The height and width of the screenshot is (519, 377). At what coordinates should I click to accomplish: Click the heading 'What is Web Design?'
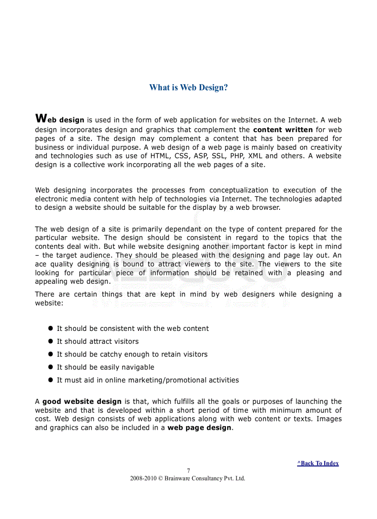[x=188, y=87]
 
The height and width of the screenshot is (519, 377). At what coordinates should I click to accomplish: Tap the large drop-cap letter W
[x=41, y=118]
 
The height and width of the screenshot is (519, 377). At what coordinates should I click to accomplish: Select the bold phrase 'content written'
[x=283, y=129]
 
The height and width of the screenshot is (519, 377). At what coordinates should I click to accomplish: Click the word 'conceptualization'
[x=238, y=190]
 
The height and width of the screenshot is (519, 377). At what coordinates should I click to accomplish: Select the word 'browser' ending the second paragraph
[x=264, y=208]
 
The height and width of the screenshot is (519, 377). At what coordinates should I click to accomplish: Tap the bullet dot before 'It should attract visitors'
[x=51, y=341]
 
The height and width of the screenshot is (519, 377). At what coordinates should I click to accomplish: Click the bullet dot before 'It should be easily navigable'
[x=51, y=367]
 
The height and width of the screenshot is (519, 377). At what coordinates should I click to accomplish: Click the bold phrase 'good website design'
[x=82, y=402]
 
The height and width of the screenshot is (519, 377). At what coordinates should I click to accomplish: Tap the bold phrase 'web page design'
[x=199, y=427]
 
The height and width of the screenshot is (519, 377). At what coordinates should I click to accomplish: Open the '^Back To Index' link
[x=318, y=463]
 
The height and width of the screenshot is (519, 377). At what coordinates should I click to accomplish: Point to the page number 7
[x=188, y=470]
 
